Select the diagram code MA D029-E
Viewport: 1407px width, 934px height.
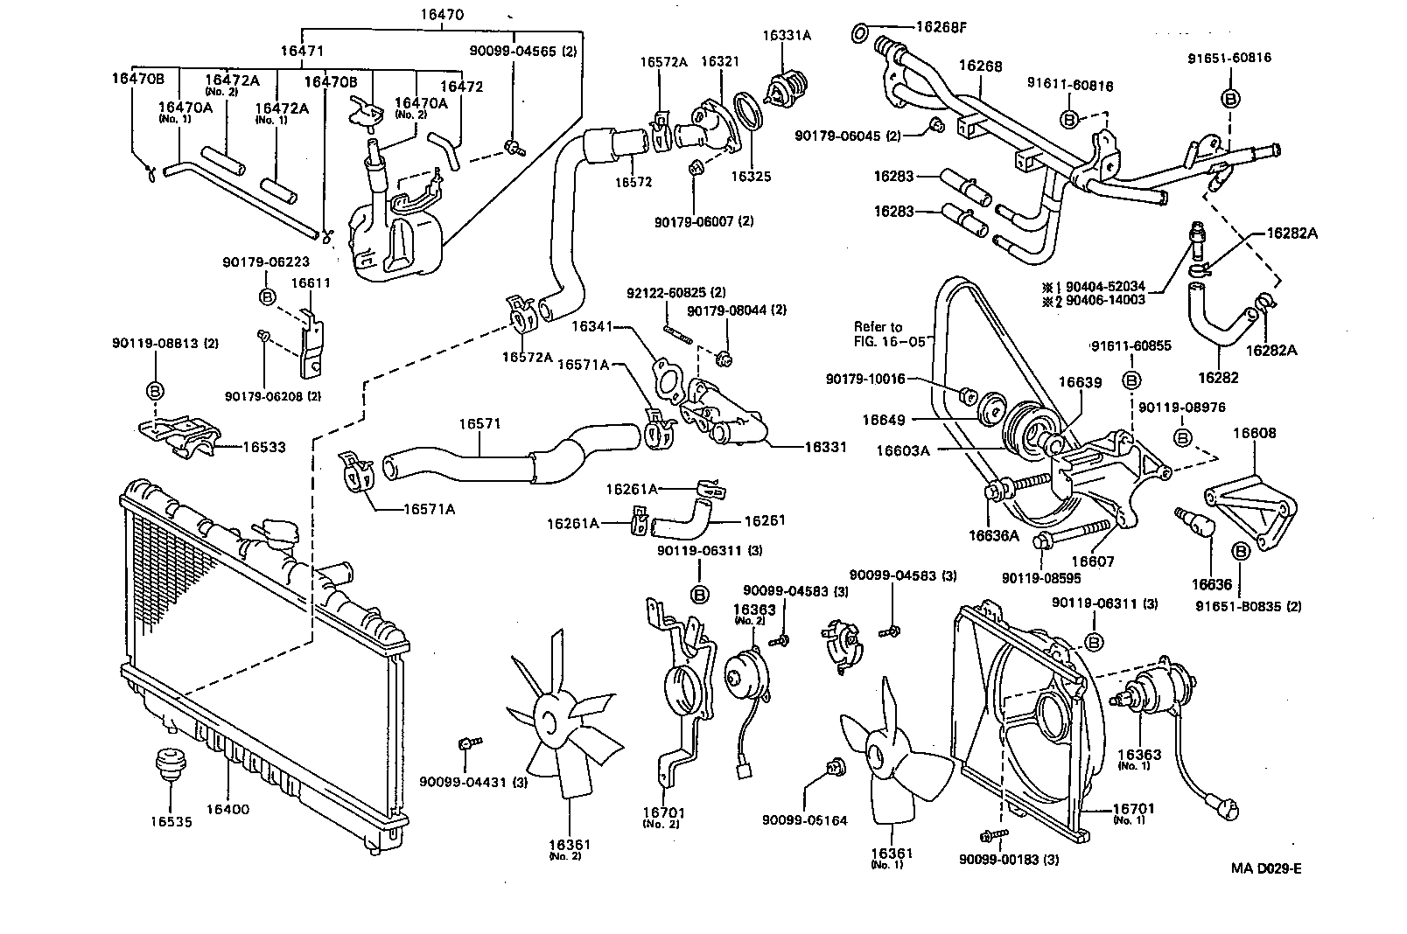(1266, 868)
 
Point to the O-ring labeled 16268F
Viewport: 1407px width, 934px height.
(860, 34)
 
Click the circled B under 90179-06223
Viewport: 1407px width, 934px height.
(269, 297)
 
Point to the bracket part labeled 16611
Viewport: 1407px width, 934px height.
(311, 344)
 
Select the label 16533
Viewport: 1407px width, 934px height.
(263, 447)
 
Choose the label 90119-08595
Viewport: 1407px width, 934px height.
(1041, 578)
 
